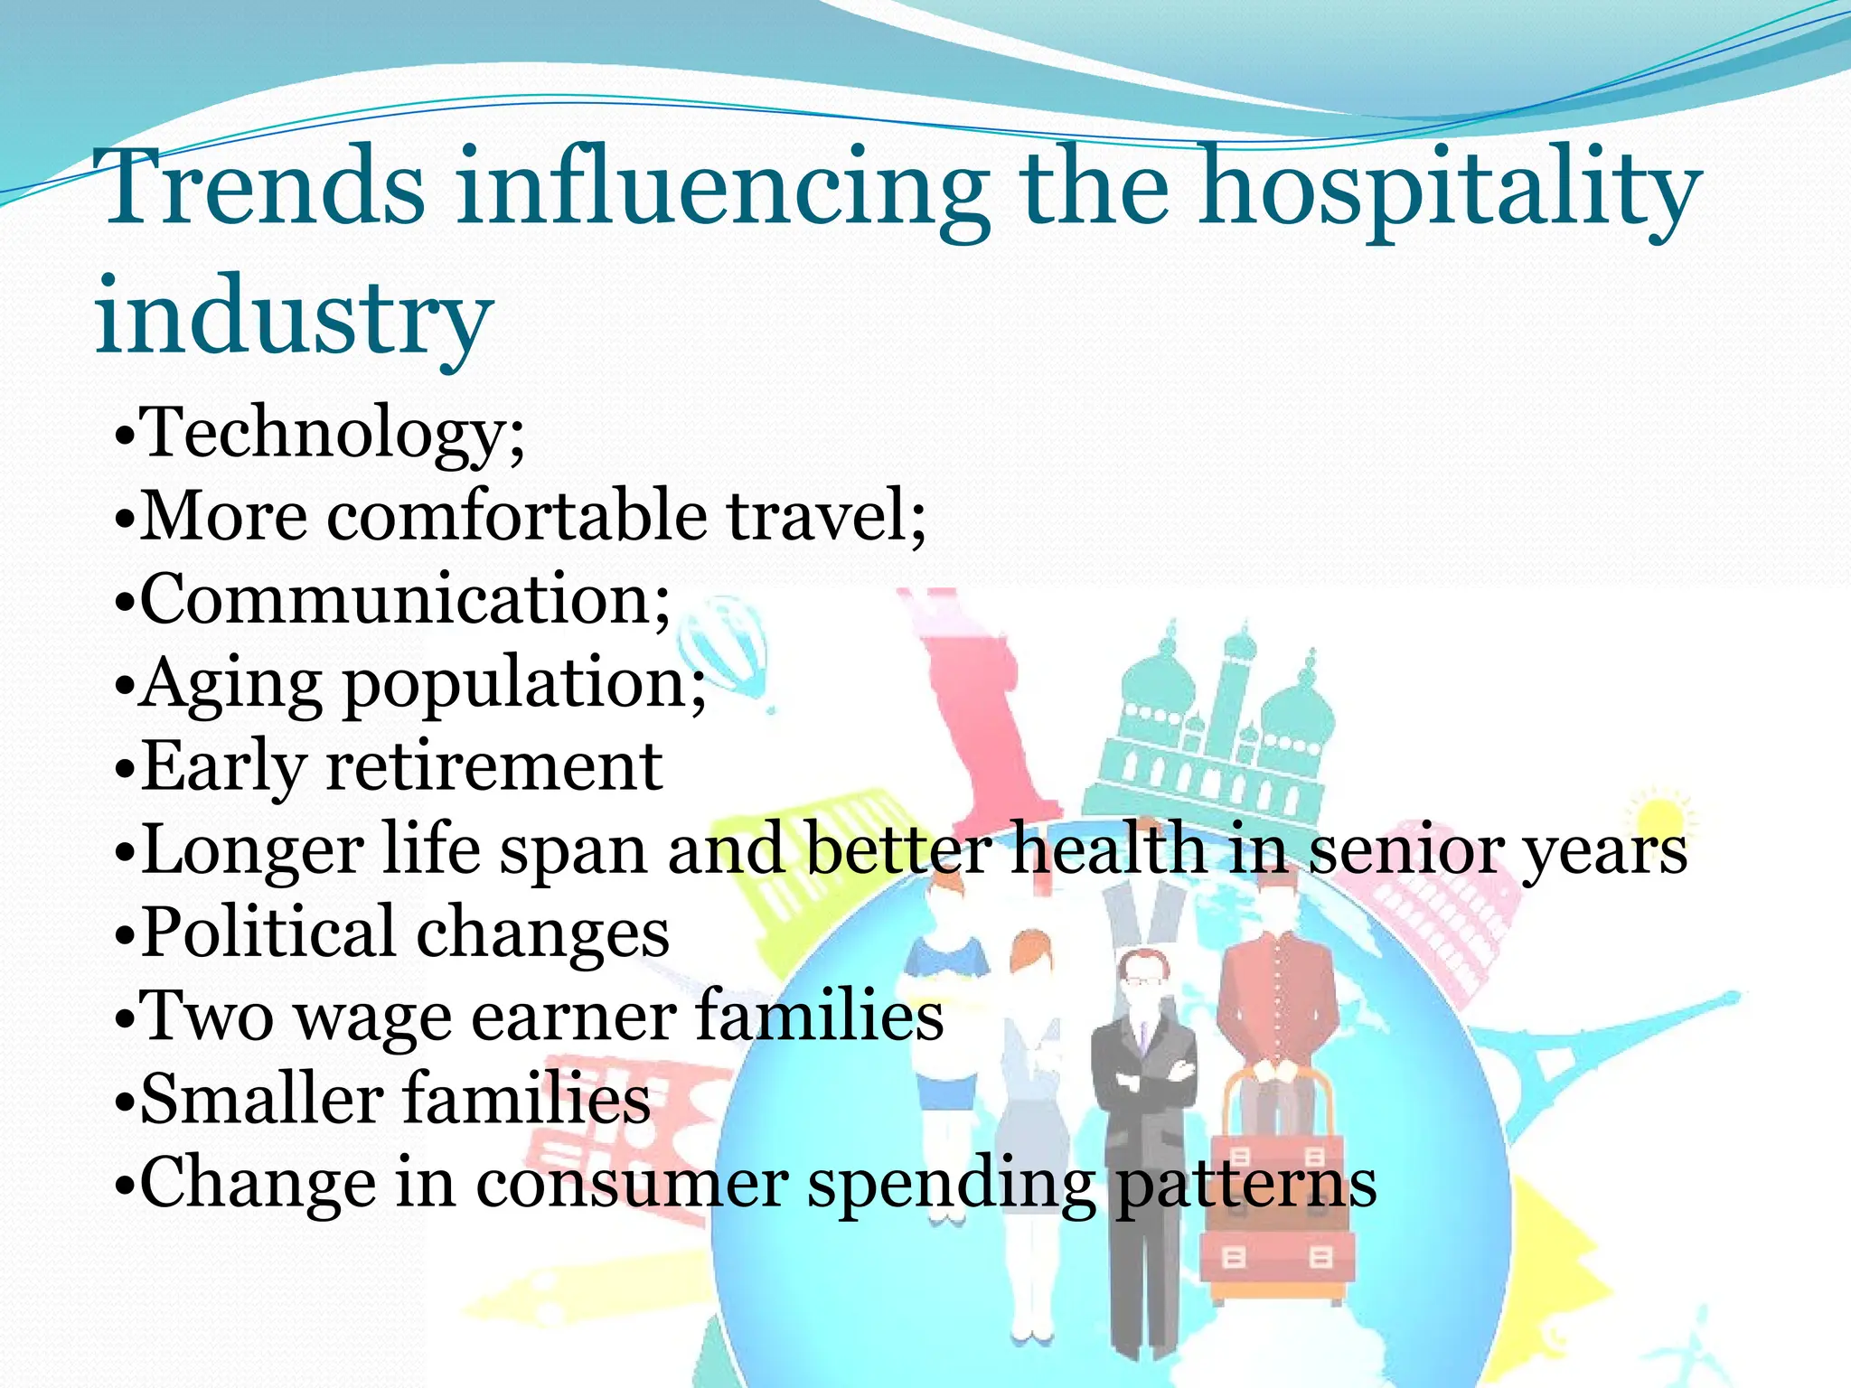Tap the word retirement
click(x=493, y=766)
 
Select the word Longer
click(x=253, y=849)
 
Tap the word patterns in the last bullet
click(x=1247, y=1185)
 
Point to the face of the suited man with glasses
click(x=1141, y=976)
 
